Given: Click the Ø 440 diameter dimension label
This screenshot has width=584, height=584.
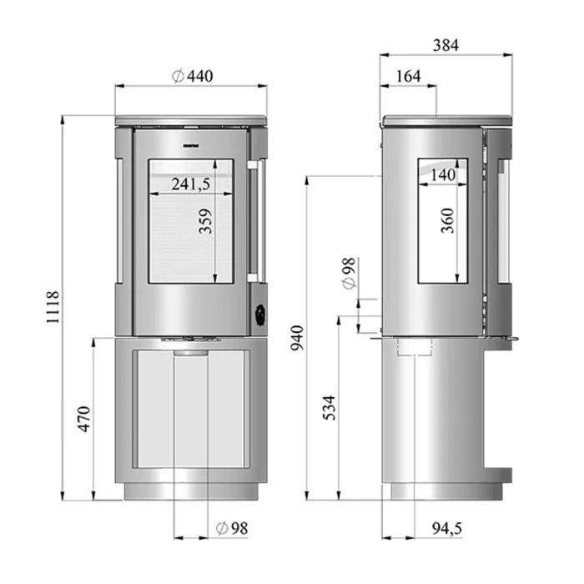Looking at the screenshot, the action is pos(193,76).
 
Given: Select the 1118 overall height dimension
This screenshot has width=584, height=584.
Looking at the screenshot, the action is pos(53,307).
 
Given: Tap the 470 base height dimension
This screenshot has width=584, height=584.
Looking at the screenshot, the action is pos(84,419).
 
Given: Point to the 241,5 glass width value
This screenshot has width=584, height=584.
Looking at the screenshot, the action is pos(191,184).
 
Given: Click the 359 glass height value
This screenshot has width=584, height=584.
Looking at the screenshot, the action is pos(205,221).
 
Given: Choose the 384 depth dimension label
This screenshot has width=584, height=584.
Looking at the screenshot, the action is pos(446,45).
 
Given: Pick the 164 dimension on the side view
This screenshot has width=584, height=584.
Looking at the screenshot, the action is pos(408,77).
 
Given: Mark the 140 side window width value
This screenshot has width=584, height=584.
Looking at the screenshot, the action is pos(443,174).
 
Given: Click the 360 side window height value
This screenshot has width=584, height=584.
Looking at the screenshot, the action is pos(447,221).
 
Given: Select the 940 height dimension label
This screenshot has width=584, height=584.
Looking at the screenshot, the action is pos(297,338).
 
